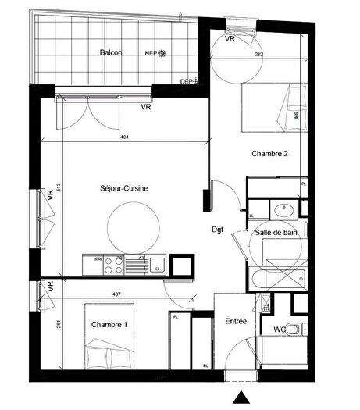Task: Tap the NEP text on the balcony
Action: [150, 54]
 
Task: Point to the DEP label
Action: [187, 81]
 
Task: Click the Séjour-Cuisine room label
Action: [124, 188]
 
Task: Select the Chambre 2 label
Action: [270, 155]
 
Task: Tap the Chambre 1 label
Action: [109, 324]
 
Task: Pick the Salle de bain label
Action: [276, 233]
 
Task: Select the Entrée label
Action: [236, 321]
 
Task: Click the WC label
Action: [279, 330]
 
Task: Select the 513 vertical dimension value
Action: [59, 188]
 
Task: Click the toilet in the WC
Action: [294, 329]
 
